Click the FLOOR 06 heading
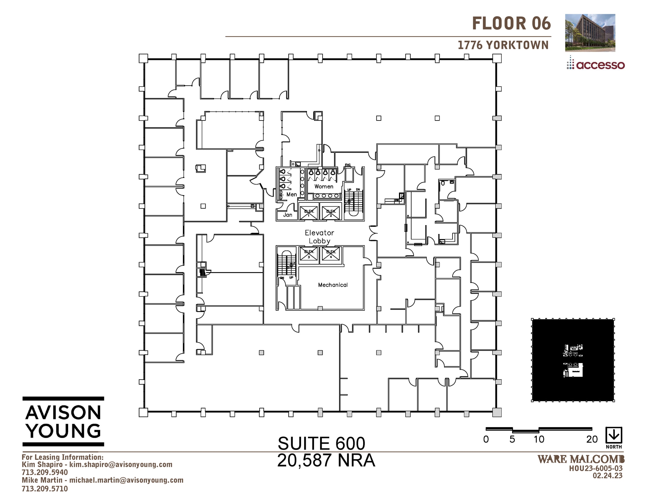click(511, 23)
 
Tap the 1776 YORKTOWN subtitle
click(503, 45)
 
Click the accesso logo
click(596, 65)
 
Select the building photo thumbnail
click(590, 33)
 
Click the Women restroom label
click(324, 186)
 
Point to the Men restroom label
click(292, 194)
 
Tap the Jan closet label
click(287, 215)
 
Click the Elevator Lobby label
click(319, 237)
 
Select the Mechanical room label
click(333, 285)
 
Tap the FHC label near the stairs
click(348, 165)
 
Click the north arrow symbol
click(614, 435)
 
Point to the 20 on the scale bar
click(592, 440)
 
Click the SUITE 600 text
click(321, 443)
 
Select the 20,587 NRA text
click(326, 460)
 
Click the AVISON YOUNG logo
click(63, 421)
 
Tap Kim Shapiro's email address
click(121, 465)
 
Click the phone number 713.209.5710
click(45, 489)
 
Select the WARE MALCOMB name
click(581, 459)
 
